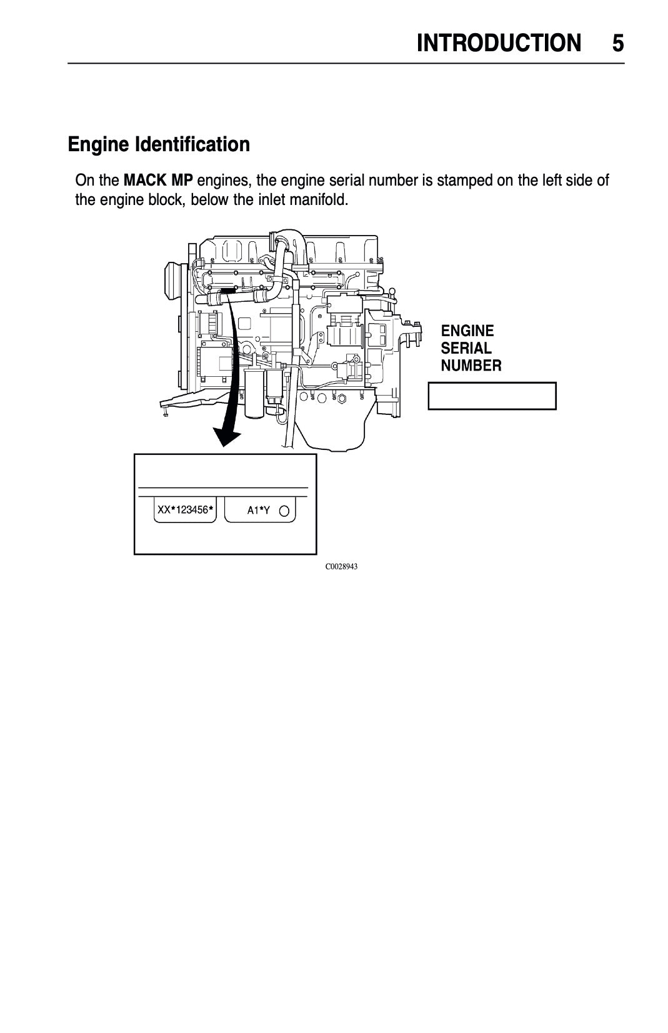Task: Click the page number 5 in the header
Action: coord(617,44)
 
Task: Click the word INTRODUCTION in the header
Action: coord(498,44)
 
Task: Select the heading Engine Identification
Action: coord(159,145)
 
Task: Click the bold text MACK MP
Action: coord(159,181)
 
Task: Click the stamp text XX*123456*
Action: coord(185,511)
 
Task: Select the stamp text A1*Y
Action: coord(258,511)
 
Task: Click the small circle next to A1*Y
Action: coord(284,511)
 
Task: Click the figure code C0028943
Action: coord(341,567)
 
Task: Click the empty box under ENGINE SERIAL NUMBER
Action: coord(492,396)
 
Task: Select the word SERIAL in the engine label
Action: coord(466,348)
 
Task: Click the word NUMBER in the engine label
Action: coord(471,366)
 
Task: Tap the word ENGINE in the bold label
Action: coord(467,331)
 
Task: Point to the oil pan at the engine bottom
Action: coord(334,431)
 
